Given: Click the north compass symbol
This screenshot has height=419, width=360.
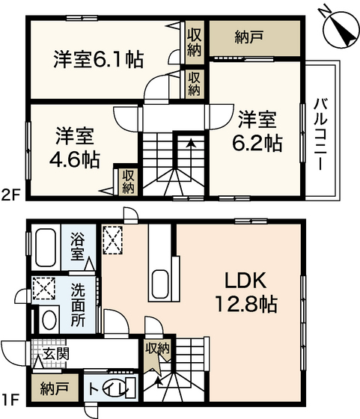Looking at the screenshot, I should click(338, 28).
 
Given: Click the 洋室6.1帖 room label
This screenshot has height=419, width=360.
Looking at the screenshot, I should click(98, 58).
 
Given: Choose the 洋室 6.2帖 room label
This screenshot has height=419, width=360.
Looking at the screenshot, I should click(259, 130).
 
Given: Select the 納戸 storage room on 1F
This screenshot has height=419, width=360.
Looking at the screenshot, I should click(51, 388).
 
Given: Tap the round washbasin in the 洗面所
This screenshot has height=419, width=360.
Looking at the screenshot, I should click(48, 320).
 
